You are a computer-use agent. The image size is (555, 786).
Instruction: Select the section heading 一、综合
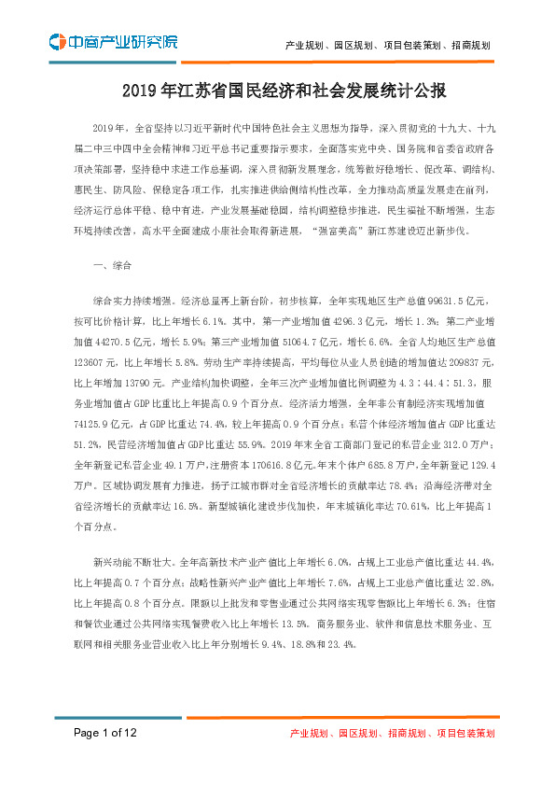pos(112,266)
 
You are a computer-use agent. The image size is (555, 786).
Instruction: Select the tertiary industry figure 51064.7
pos(321,338)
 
